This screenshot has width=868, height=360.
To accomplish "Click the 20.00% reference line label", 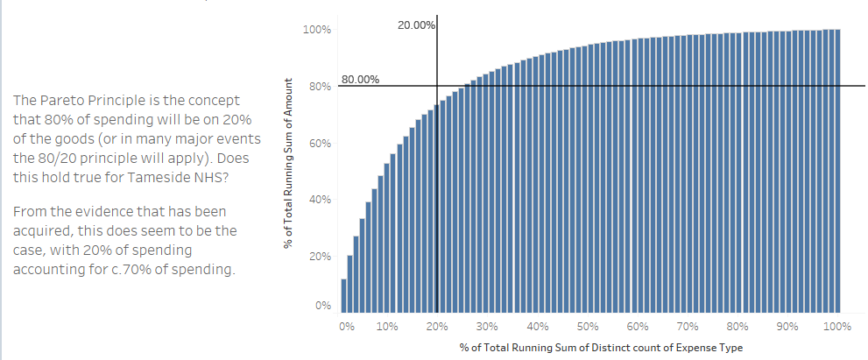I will click(x=415, y=25).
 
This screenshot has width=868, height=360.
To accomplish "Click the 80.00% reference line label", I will click(x=360, y=79).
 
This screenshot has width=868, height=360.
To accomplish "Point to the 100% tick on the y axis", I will click(x=317, y=30).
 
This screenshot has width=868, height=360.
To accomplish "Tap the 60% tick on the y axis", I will click(x=320, y=144).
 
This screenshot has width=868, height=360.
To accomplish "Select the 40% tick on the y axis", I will click(x=320, y=201).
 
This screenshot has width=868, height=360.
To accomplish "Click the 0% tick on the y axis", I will click(x=323, y=307).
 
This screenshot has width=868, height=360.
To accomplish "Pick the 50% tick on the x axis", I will click(x=588, y=326).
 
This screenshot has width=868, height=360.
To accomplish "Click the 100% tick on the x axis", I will click(x=836, y=326).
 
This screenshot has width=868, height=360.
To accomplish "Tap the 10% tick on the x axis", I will click(x=387, y=326).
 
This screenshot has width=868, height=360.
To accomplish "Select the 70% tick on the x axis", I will click(x=688, y=326).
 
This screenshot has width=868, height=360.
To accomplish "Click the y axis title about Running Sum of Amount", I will click(x=288, y=165).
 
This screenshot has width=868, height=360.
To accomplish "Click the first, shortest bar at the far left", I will click(x=344, y=296).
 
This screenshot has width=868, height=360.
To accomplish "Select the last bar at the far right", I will click(x=837, y=171).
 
